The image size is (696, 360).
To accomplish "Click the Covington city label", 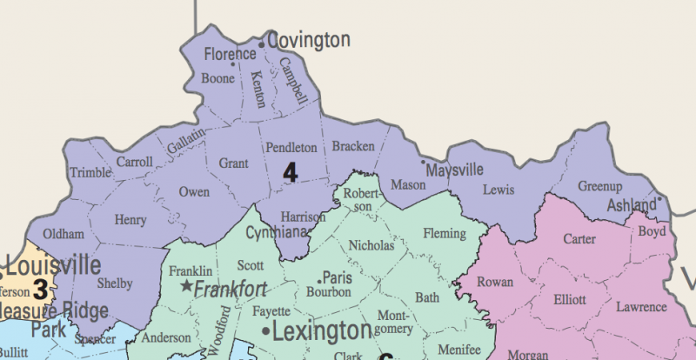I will (309, 40).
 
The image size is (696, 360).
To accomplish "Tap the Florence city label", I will (231, 55).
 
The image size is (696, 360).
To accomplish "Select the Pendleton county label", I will (291, 148).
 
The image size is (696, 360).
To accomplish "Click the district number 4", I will (291, 172).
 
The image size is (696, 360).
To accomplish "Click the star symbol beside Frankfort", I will (185, 286).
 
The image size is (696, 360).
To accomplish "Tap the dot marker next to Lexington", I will (264, 331).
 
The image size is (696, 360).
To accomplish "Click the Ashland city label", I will (632, 205).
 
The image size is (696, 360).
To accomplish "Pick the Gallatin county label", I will (186, 142).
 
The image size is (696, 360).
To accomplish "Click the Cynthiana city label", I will (278, 232).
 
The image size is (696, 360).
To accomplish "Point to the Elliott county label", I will (569, 299).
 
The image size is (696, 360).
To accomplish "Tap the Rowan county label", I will (495, 282).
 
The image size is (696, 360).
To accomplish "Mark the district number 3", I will (40, 286).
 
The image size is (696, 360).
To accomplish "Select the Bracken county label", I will (353, 145).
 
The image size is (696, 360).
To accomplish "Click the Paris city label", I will (336, 278).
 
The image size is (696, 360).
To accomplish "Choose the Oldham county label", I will (64, 235).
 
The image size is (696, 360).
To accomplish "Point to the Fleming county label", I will (445, 232).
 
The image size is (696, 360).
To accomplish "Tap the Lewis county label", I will (498, 190).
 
